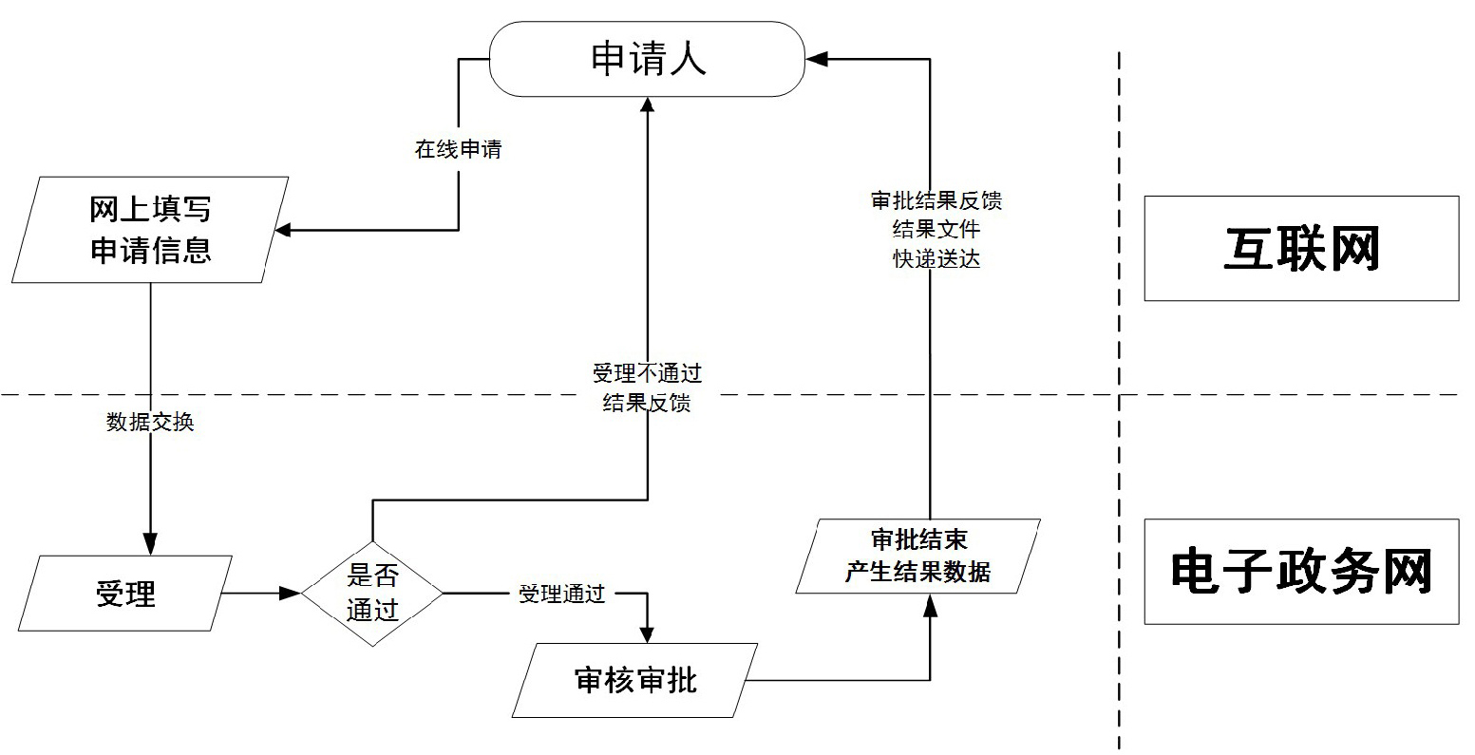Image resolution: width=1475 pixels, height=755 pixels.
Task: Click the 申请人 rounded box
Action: point(647,59)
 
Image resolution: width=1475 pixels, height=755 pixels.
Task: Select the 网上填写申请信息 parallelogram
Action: point(150,230)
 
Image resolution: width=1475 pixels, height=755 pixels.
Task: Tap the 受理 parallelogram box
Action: point(125,594)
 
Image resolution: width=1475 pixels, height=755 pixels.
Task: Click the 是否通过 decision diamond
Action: point(372,594)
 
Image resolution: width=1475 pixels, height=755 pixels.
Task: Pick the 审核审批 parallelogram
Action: point(635,680)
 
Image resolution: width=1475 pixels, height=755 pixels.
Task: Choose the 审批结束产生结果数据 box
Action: point(917,556)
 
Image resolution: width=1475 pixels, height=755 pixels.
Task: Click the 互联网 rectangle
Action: point(1300,249)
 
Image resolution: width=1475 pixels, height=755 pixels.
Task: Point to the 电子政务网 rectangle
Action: point(1300,572)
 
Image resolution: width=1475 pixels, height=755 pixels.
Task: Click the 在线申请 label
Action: point(458,149)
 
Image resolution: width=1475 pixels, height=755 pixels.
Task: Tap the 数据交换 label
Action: point(150,423)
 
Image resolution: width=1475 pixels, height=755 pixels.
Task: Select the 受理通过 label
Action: point(561,595)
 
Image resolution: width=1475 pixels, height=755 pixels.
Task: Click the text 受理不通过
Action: point(647,373)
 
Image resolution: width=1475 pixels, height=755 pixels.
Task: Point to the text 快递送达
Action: point(936,258)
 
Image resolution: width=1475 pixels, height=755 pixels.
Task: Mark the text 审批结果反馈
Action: point(936,200)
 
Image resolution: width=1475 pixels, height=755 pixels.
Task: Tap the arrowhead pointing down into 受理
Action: point(150,544)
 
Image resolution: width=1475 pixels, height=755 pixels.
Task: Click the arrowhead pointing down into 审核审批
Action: point(648,633)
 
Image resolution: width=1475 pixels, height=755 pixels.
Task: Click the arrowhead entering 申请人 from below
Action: point(648,106)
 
